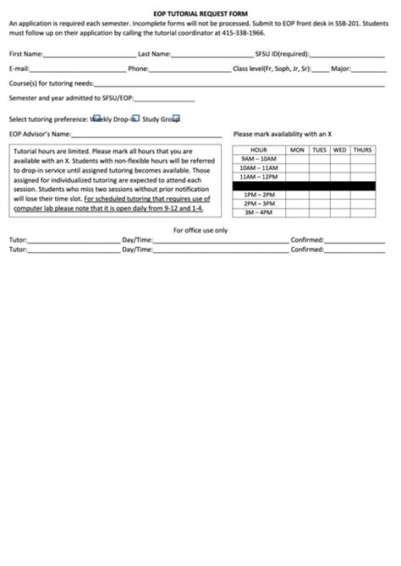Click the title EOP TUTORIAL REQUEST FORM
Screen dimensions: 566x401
200,14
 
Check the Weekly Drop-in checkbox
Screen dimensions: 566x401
96,118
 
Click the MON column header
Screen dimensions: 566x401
297,150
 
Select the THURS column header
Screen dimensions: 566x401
362,150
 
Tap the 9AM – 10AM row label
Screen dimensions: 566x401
258,158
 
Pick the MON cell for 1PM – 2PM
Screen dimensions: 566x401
297,195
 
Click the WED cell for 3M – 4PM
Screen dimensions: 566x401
340,212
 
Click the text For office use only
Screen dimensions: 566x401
200,230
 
